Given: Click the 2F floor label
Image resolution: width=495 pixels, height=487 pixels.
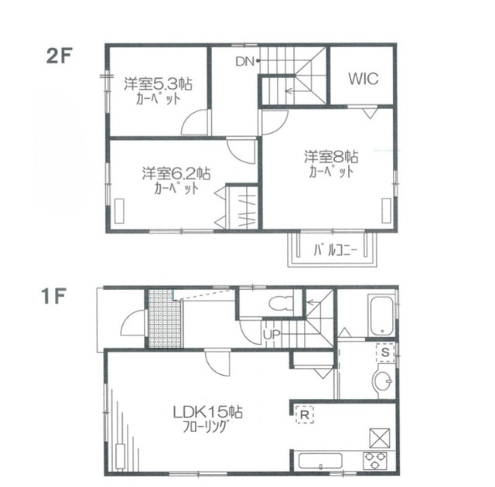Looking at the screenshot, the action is click(x=60, y=56).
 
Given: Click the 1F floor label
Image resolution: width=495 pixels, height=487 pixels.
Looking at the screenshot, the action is click(x=53, y=297).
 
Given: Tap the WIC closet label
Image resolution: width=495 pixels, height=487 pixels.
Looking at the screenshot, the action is click(x=364, y=79).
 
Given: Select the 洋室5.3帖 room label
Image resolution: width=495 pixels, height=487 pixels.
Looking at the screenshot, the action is click(x=158, y=84).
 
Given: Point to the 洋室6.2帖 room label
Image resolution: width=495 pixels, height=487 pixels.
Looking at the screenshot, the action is click(x=176, y=173).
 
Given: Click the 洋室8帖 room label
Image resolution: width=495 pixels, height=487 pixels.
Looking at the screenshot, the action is click(x=331, y=156).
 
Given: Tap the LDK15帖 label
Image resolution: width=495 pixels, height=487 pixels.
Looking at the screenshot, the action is click(x=207, y=412).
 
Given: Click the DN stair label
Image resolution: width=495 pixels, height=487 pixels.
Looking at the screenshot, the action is click(x=245, y=62).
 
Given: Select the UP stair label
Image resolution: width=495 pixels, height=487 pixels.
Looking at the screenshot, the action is click(x=271, y=335).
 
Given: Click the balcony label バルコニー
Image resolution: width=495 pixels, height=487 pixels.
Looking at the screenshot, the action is click(x=335, y=250).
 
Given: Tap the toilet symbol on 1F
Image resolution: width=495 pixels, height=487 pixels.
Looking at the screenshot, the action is click(x=281, y=304).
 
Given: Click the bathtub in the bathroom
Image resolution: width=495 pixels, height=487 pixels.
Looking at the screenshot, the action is click(x=381, y=315).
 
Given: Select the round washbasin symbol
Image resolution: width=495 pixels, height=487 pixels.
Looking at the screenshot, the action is click(x=382, y=380).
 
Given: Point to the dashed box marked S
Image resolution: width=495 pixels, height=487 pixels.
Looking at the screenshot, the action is click(x=385, y=352).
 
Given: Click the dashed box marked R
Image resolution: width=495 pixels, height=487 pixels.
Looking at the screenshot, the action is click(x=305, y=414).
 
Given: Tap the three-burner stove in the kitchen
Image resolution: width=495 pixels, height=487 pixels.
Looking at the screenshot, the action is click(x=375, y=461).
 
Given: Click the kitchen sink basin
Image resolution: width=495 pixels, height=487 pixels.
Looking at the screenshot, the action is click(x=320, y=461).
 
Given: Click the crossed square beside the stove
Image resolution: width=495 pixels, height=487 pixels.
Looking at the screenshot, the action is click(x=380, y=438).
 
